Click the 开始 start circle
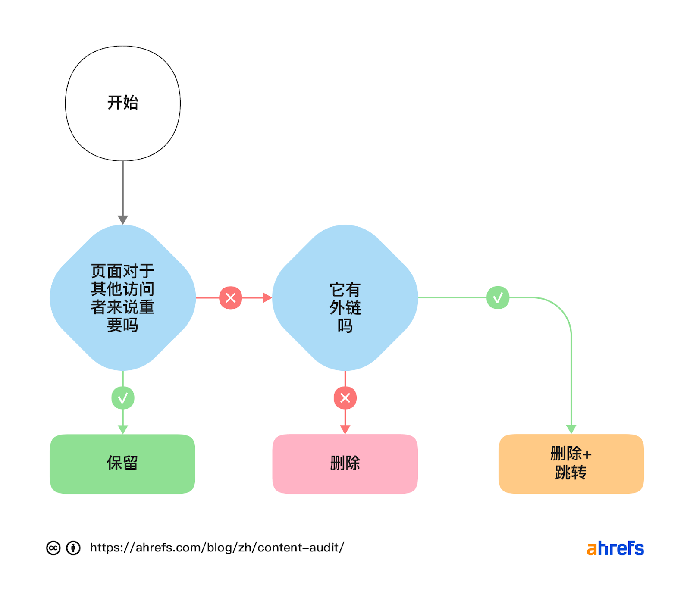(123, 103)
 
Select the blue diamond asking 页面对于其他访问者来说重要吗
(123, 297)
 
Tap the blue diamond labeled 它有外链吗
(345, 297)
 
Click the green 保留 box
(122, 464)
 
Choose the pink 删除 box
(345, 464)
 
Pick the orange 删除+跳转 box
(571, 464)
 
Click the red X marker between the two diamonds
(231, 297)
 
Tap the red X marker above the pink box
(345, 398)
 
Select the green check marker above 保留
(123, 398)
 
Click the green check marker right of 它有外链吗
(498, 297)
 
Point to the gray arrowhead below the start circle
(123, 219)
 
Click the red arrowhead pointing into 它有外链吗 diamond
(267, 297)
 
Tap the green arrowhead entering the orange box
(571, 429)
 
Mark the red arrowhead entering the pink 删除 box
(345, 429)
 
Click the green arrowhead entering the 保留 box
(123, 429)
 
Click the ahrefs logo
(615, 548)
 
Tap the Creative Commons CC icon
(53, 548)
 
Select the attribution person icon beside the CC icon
(73, 548)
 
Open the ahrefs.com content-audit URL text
(217, 548)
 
